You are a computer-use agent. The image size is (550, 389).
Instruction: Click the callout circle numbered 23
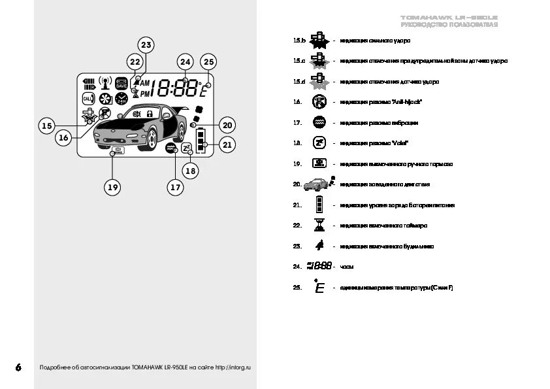[x=146, y=45]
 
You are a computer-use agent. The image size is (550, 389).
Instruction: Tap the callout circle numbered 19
[x=113, y=188]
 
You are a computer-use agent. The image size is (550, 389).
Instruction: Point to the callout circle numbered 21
[x=227, y=145]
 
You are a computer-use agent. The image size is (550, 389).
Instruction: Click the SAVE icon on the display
[x=121, y=83]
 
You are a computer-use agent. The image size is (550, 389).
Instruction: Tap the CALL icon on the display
[x=88, y=99]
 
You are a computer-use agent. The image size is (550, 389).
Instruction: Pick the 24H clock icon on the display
[x=121, y=99]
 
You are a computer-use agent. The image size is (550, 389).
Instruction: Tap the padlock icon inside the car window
[x=149, y=114]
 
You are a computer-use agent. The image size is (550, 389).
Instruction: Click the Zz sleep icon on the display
[x=186, y=148]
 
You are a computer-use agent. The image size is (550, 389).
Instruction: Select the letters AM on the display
[x=145, y=83]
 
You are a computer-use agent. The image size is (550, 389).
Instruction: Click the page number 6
[x=18, y=367]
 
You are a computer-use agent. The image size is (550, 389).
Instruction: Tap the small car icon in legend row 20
[x=316, y=184]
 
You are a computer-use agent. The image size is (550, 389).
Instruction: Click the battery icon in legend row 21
[x=319, y=205]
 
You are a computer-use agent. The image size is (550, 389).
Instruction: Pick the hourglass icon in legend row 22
[x=319, y=226]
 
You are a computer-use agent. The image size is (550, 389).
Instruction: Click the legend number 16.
[x=297, y=102]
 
